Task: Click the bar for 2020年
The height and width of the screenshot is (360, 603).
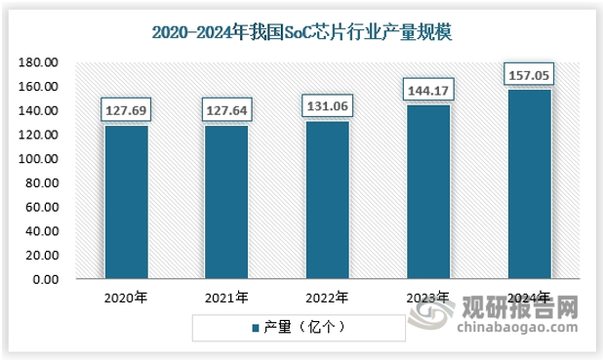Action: pyautogui.click(x=127, y=202)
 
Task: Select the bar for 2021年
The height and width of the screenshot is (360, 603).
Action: pyautogui.click(x=226, y=202)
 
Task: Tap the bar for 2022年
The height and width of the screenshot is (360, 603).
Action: pyautogui.click(x=327, y=200)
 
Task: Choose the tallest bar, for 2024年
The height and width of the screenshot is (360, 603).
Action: pyautogui.click(x=528, y=184)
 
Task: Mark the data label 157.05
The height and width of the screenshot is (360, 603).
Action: pyautogui.click(x=528, y=74)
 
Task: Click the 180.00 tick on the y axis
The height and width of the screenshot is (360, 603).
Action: pyautogui.click(x=41, y=62)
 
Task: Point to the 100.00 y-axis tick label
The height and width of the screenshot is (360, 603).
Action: pyautogui.click(x=41, y=159)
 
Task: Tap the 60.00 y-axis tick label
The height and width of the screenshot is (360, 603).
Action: pyautogui.click(x=44, y=207)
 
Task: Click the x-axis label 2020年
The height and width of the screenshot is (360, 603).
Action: pyautogui.click(x=127, y=298)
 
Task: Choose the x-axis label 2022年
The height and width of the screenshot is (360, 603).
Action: pyautogui.click(x=327, y=298)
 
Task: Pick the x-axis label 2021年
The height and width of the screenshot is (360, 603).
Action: pyautogui.click(x=226, y=298)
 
